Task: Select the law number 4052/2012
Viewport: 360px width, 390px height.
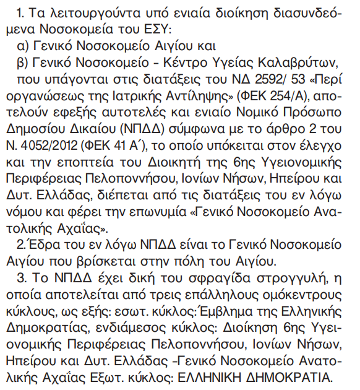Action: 50,146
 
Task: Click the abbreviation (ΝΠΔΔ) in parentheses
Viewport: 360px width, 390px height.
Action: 174,129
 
